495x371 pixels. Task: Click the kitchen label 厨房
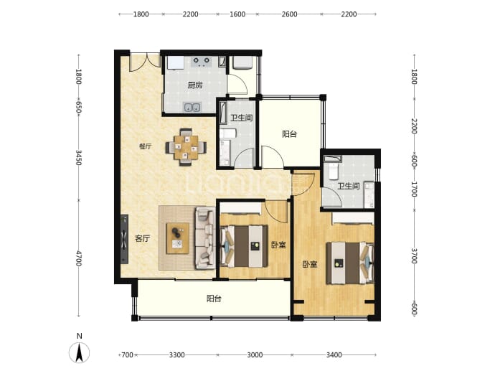195,85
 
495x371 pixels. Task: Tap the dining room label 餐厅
145,146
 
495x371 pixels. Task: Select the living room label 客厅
142,239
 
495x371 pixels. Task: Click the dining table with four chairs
187,147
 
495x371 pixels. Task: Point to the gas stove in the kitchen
202,62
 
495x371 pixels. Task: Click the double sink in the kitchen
192,108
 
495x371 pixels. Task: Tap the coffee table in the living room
178,238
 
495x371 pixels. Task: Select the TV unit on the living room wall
124,239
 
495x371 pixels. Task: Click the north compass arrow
79,352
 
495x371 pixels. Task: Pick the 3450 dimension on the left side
79,157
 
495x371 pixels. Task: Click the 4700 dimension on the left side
79,258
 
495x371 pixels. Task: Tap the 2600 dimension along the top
290,14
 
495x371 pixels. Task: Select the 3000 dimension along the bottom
255,355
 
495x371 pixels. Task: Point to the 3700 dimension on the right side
415,255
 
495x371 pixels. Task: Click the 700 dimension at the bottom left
127,355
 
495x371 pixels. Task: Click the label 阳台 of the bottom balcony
214,299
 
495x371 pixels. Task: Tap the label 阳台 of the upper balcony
290,134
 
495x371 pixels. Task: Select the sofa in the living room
205,238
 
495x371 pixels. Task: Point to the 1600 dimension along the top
237,14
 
